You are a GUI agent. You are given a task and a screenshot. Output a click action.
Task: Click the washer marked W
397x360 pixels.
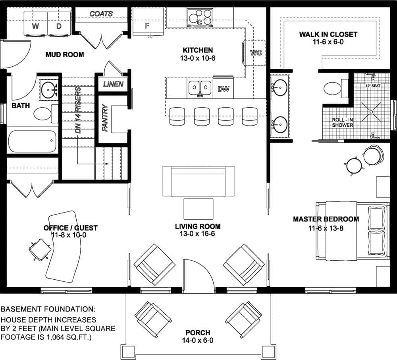click(36, 25)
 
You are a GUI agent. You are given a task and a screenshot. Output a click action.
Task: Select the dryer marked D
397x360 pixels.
click(59, 25)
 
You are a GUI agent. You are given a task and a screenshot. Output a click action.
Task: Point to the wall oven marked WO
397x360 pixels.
click(256, 52)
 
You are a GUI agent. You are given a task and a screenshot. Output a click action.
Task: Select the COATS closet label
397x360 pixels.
click(101, 14)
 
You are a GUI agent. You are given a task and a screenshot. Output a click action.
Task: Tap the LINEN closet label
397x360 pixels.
click(113, 84)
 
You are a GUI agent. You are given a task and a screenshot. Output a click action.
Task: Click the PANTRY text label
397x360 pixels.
click(105, 118)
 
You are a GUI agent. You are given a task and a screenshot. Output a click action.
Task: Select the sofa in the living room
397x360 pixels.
click(198, 181)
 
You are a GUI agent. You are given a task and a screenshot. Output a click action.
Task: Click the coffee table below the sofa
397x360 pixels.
click(198, 209)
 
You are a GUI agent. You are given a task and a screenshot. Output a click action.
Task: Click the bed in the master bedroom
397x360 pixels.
click(352, 230)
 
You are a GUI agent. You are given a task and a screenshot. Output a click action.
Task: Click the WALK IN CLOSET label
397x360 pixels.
click(328, 34)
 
